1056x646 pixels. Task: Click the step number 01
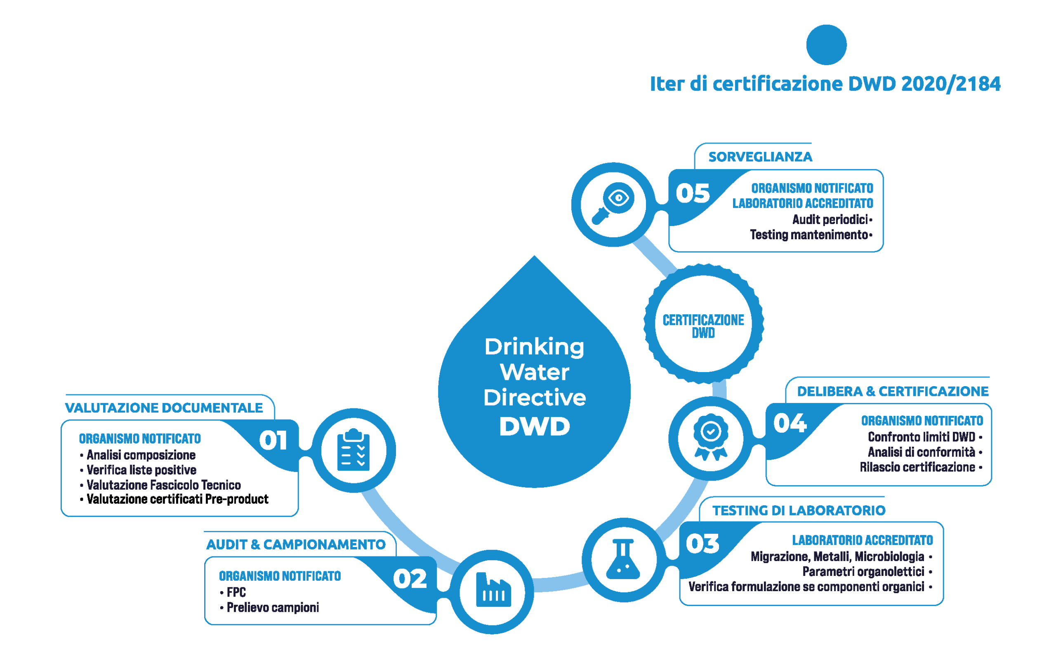pos(273,440)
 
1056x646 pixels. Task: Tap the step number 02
pos(410,579)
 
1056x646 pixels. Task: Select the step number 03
pos(702,544)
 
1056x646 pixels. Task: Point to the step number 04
pos(790,423)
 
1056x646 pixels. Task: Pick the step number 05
pos(693,193)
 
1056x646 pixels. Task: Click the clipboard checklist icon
pos(354,450)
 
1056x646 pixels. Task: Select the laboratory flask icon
pos(623,559)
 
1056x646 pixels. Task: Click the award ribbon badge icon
pos(711,437)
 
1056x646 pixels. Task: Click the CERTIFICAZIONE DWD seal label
pos(703,326)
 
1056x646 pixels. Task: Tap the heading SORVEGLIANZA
pos(760,157)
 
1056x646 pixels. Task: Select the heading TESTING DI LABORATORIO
pos(799,511)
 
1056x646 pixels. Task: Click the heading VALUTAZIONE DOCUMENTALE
pos(164,408)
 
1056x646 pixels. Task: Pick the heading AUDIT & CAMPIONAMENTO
pos(296,545)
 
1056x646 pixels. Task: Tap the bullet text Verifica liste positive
pos(141,470)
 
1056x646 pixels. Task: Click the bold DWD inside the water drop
pos(535,427)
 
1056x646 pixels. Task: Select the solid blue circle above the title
pos(826,45)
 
